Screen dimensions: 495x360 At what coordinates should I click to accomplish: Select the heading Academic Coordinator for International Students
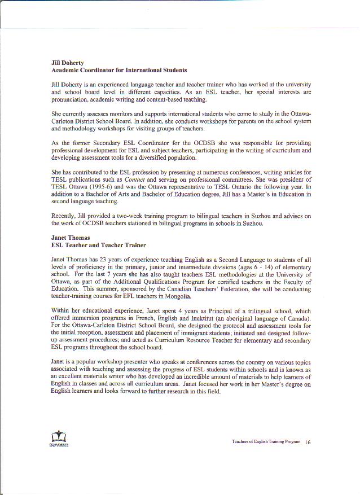[x=119, y=71]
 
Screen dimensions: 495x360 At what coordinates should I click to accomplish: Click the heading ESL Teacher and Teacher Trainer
[x=99, y=246]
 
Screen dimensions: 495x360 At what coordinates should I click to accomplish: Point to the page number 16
[x=308, y=443]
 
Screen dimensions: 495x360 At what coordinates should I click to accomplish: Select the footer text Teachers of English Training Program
[x=266, y=443]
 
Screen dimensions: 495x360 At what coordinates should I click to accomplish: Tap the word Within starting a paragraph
[x=61, y=311]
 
